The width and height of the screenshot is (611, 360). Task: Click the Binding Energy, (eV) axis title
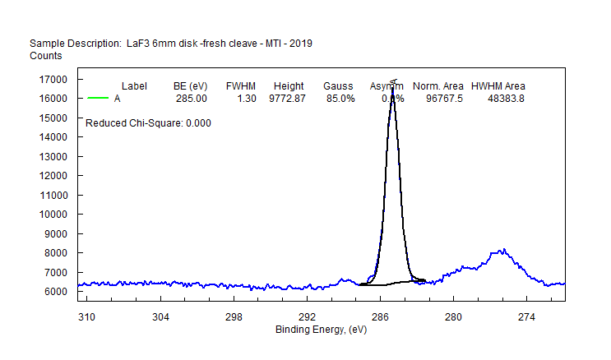(x=320, y=330)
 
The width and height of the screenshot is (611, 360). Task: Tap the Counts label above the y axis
(x=46, y=56)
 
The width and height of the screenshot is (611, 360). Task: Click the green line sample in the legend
(x=98, y=99)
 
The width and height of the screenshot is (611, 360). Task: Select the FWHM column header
(x=241, y=86)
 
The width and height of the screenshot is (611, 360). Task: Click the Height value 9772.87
(x=288, y=99)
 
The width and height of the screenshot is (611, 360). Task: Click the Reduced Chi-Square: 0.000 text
(x=149, y=123)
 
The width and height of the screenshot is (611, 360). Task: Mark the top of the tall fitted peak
(x=393, y=84)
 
